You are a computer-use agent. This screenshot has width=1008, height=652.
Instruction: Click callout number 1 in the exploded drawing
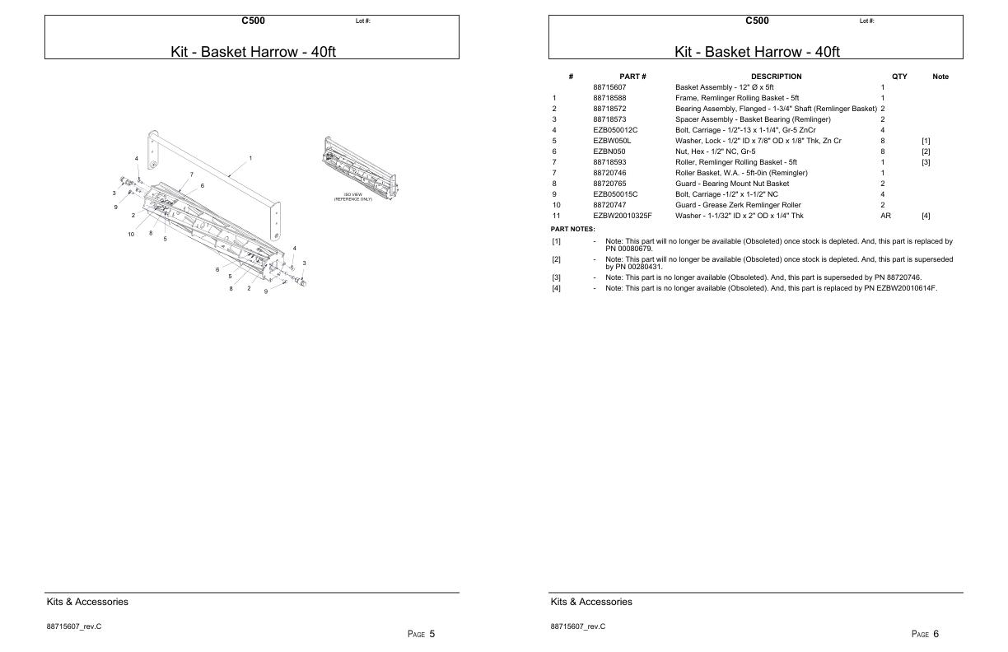[250, 157]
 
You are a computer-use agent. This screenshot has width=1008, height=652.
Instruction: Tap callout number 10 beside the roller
[131, 235]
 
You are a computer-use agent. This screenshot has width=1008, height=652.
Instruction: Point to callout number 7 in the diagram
[192, 174]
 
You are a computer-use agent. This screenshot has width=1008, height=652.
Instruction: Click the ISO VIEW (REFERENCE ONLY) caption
[353, 197]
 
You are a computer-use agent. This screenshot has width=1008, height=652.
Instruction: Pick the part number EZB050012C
[615, 130]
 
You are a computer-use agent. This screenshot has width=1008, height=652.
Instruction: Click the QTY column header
[899, 77]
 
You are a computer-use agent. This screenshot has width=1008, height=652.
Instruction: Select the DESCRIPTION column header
[776, 77]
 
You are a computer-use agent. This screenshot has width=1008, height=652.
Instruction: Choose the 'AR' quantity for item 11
[885, 216]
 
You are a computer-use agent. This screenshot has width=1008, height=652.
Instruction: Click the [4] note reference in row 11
[926, 216]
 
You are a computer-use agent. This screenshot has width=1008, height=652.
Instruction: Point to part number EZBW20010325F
[622, 216]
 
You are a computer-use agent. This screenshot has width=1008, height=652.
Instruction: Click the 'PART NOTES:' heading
[572, 229]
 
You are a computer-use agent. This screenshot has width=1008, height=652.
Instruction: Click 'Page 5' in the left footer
[421, 633]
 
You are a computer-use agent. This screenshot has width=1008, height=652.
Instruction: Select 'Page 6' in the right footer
[925, 633]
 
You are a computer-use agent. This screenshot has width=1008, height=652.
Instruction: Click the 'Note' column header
[940, 77]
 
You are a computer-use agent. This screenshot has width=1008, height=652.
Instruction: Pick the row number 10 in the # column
[556, 205]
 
